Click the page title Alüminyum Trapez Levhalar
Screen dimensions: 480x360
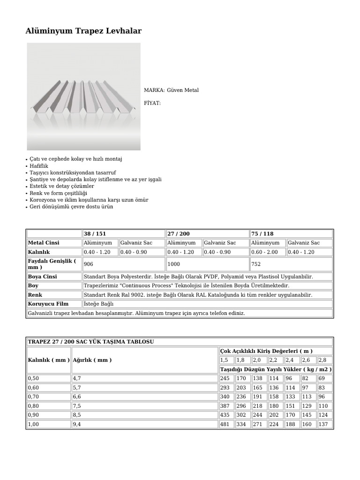coord(83,31)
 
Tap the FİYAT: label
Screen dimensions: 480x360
coord(152,103)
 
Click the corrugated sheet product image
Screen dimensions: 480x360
coord(83,97)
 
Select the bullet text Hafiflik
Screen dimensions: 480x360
coord(39,166)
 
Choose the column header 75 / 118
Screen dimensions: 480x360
coord(262,233)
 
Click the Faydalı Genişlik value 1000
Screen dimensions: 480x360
coord(173,264)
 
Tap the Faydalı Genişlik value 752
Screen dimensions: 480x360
coord(256,264)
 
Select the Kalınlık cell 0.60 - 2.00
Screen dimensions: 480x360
coord(265,252)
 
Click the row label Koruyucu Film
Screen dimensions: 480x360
coord(48,304)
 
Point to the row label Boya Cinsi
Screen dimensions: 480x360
coord(42,277)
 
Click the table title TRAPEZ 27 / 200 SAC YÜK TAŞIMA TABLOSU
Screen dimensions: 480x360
coord(91,342)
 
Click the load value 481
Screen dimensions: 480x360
coord(225,425)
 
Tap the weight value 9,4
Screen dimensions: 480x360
coord(77,425)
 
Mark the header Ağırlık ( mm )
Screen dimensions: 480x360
coord(93,360)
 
